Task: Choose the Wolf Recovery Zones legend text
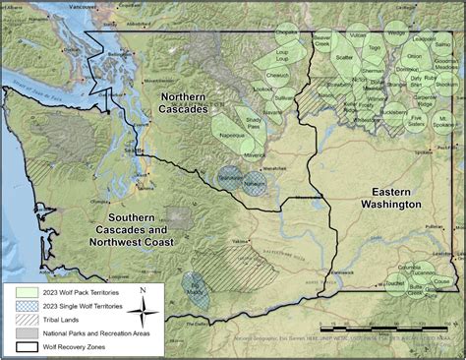tap(79, 345)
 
